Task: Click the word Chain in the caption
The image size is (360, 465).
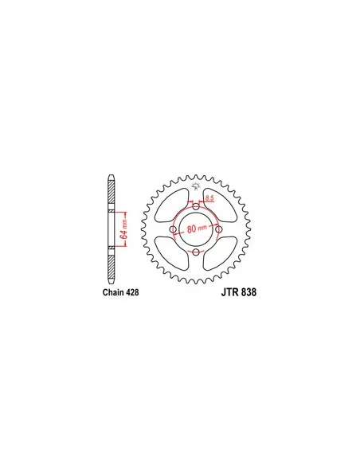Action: [113, 292]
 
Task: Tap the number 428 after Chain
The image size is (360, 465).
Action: [132, 292]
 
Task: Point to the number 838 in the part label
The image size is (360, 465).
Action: [248, 292]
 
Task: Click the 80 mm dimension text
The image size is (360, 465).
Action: [197, 228]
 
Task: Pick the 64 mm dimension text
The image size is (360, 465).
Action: [124, 229]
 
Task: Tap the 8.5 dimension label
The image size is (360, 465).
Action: [209, 197]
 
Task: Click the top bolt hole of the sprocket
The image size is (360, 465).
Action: [196, 207]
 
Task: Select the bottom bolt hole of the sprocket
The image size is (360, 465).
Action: [196, 252]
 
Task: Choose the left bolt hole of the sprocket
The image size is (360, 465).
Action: [174, 229]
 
